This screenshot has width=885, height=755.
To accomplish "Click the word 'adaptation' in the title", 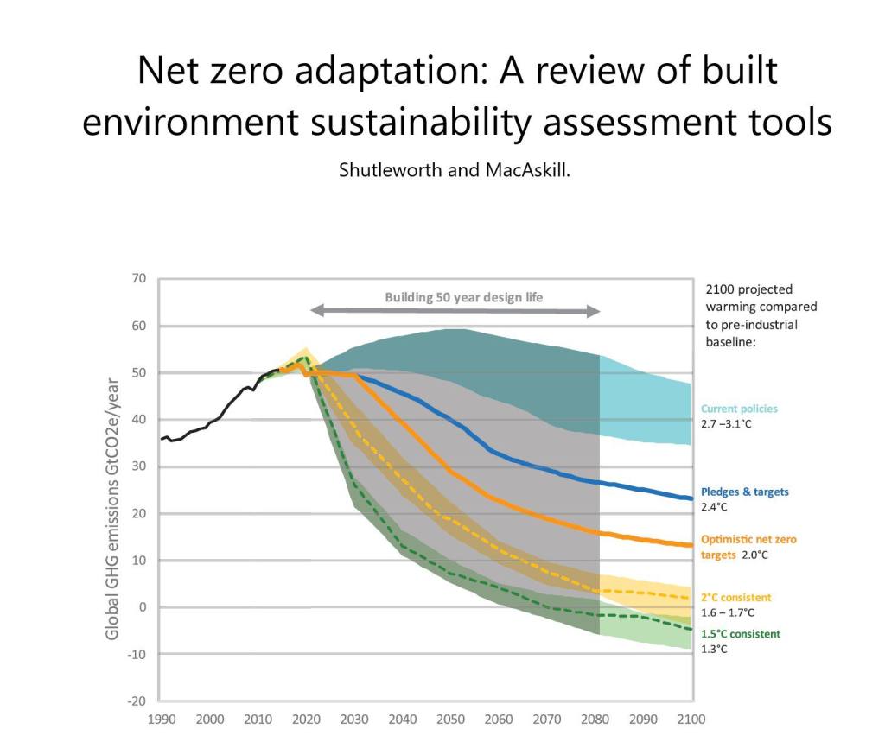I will click(x=384, y=71).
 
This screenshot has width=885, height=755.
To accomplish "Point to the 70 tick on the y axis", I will click(x=138, y=278).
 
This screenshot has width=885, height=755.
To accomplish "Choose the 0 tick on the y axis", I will click(x=142, y=607).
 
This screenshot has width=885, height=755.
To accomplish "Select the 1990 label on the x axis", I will click(x=160, y=719).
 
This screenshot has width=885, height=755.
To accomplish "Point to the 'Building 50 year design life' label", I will click(x=464, y=297).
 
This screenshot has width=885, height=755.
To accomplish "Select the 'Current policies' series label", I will click(x=739, y=409).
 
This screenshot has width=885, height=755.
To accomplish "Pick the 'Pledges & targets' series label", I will click(x=744, y=492).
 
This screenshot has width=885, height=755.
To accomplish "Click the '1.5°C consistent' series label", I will click(x=740, y=633).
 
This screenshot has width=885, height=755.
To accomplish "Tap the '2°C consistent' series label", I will click(x=735, y=597).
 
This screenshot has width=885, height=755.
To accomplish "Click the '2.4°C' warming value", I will click(x=715, y=507).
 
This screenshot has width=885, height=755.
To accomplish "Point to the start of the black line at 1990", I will click(x=162, y=439).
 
